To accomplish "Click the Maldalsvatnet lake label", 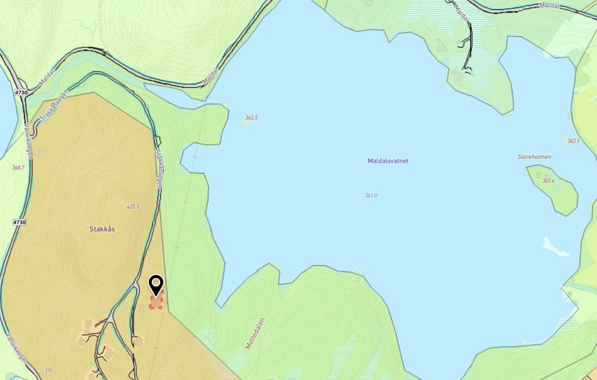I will [388, 160].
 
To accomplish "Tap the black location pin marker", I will [156, 286].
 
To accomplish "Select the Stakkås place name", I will [102, 229].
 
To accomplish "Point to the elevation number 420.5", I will [133, 207].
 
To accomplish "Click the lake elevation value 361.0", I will [371, 195].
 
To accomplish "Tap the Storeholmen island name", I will [534, 157].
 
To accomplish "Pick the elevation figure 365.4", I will [548, 181].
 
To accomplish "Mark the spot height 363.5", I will [251, 118].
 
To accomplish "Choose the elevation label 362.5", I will [573, 141].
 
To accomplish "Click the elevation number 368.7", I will [18, 167].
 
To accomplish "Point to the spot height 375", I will [48, 370].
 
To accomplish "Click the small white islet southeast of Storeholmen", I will [554, 246].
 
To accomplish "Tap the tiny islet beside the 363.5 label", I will [247, 123].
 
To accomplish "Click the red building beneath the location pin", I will [157, 303].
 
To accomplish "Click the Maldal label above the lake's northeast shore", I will [550, 6].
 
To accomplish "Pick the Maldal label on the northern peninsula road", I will [464, 13].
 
